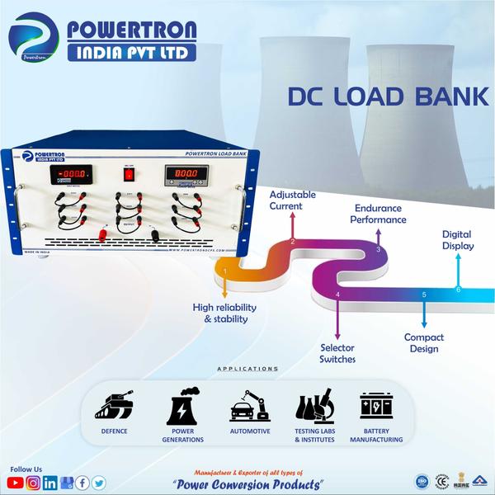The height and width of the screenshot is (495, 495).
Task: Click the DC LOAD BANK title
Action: (387, 97)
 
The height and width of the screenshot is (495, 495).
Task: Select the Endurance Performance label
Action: (378, 214)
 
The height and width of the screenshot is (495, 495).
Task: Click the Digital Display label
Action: (457, 239)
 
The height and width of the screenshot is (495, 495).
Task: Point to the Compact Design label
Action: (423, 342)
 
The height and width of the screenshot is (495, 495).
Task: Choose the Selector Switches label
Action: (337, 353)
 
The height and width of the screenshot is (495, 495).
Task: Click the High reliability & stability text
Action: (224, 313)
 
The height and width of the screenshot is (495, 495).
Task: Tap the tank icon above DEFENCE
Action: (114, 407)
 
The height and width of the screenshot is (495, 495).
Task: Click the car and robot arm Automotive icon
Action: (249, 407)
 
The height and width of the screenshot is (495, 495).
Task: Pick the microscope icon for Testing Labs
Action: (314, 407)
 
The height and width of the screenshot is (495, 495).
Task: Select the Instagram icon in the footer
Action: (33, 483)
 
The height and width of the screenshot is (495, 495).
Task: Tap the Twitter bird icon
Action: (99, 483)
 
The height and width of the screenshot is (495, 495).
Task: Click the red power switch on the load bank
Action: (128, 174)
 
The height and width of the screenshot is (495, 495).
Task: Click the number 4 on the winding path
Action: (337, 295)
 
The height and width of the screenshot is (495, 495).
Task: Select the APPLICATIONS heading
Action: (247, 369)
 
